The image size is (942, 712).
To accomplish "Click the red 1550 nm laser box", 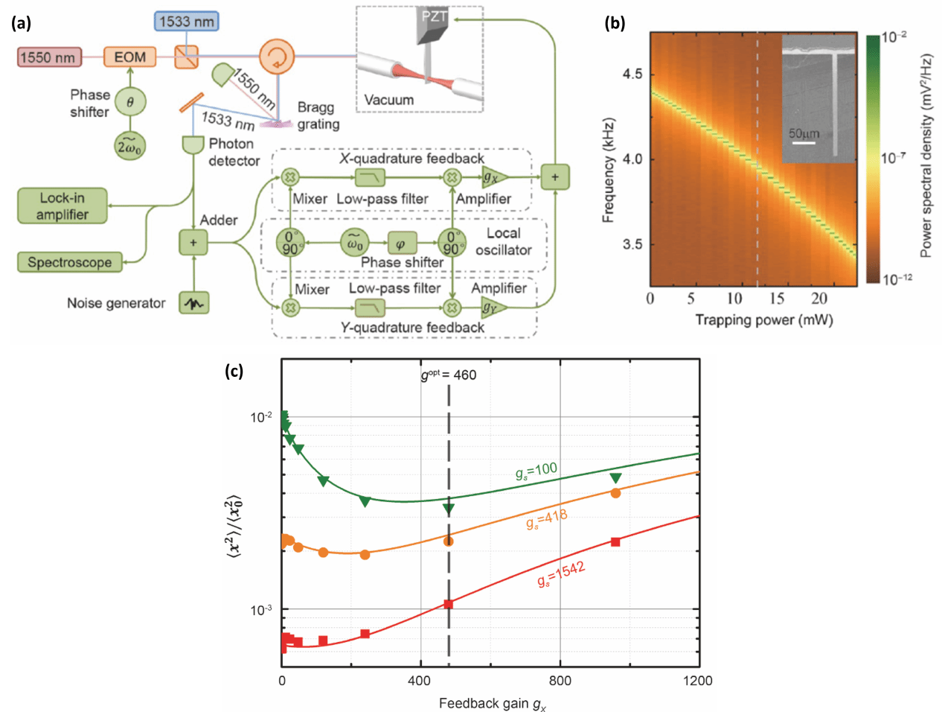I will tap(48, 57).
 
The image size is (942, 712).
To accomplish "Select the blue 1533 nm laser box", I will tap(186, 21).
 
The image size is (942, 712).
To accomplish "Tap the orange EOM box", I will tap(130, 57).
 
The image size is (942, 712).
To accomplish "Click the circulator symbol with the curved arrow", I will tap(277, 57).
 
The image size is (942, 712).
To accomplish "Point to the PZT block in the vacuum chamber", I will tap(432, 25).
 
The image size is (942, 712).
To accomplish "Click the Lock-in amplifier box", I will tap(63, 206).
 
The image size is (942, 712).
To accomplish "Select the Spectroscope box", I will tap(69, 262).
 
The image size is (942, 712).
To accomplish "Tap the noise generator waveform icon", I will tap(193, 303).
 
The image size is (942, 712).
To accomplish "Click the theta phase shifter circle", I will tap(130, 102).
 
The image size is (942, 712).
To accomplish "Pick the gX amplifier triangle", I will tap(493, 177).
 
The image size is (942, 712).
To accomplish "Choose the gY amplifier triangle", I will tap(493, 307).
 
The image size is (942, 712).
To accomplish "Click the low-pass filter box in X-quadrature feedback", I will tap(370, 177).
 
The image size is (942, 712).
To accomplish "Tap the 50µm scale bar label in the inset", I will tap(804, 133).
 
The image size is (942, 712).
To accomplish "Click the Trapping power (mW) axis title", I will tap(763, 320).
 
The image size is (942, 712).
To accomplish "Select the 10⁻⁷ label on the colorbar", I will tap(893, 158).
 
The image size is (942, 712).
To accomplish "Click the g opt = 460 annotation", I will tap(449, 375).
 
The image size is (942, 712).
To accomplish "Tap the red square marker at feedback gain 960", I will tap(615, 541).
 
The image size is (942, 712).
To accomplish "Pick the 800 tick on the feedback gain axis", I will tap(560, 680).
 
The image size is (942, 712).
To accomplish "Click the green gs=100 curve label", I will tap(536, 471).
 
